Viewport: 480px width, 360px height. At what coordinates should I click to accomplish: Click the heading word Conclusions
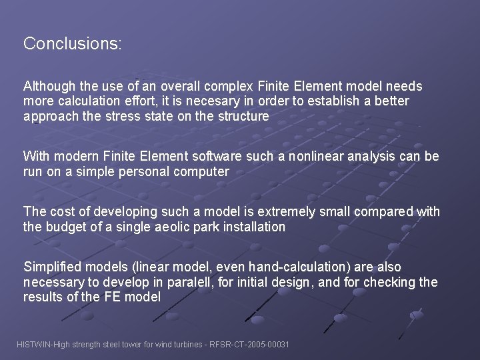point(72,44)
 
